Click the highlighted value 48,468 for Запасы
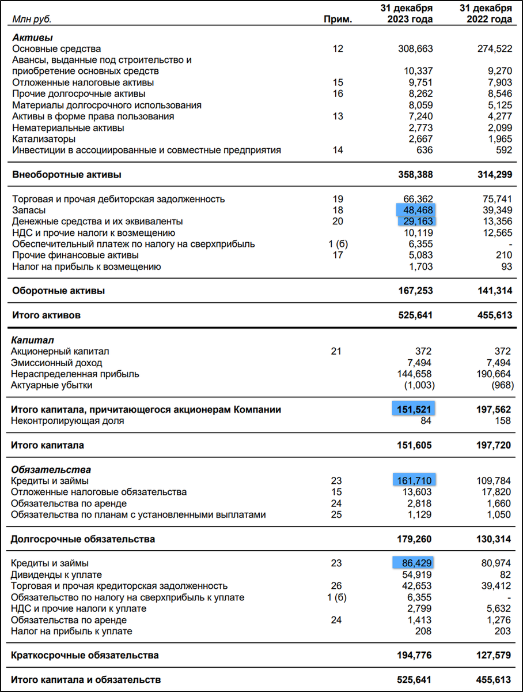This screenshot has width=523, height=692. click(x=416, y=210)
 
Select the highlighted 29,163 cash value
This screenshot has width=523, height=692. click(x=416, y=221)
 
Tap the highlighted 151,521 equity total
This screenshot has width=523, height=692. click(x=414, y=409)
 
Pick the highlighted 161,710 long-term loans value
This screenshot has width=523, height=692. click(x=414, y=481)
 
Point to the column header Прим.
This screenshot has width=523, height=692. click(x=338, y=20)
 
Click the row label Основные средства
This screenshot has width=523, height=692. click(x=56, y=49)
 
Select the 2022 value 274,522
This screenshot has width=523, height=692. click(x=493, y=49)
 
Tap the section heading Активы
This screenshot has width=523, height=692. click(x=28, y=37)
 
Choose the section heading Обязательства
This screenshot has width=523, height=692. click(x=51, y=469)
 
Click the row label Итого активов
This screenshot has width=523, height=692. click(x=46, y=315)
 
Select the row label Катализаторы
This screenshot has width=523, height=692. click(x=44, y=139)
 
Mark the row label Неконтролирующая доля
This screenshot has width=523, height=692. click(x=67, y=421)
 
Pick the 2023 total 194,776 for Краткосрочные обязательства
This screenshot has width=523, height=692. click(x=414, y=655)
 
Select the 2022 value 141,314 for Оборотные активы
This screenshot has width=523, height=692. click(x=493, y=291)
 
